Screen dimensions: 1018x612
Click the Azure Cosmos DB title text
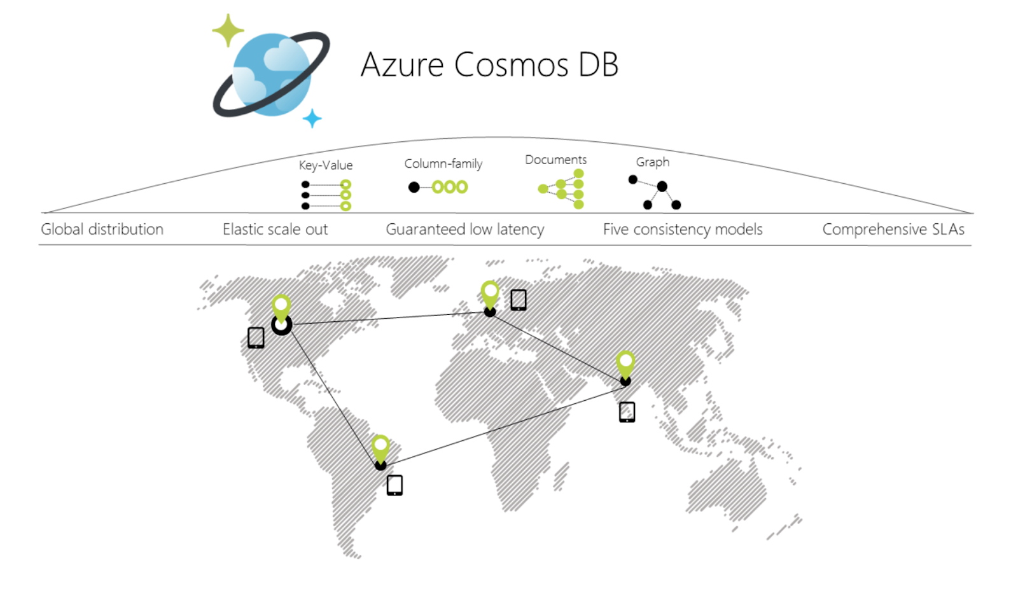coord(489,64)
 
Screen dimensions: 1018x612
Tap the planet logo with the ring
coord(271,74)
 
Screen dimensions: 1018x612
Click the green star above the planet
coord(228,31)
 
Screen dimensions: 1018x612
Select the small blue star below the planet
coord(312,118)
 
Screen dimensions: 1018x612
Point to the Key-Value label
coord(325,165)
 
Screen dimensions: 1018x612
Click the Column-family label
coord(443,163)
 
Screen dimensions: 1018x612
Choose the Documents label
coord(555,160)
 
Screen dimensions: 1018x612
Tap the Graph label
coord(653,162)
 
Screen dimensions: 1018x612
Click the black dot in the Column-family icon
coord(414,187)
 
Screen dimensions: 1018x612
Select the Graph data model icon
coord(655,192)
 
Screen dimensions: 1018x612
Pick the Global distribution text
coord(102,230)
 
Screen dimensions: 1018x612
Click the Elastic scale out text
coord(275,230)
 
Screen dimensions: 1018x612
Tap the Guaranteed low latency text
coord(465,230)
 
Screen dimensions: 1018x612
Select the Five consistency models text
coord(683,230)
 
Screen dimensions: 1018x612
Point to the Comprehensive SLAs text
coord(893,230)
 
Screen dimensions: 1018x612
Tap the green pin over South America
coord(380,449)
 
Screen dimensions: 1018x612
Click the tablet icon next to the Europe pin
coord(519,300)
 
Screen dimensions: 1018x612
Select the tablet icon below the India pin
coord(627,412)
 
